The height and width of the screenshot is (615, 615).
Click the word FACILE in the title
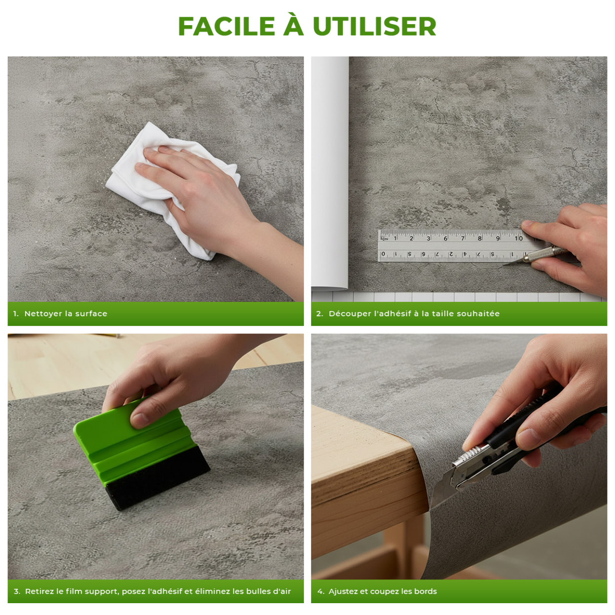226,27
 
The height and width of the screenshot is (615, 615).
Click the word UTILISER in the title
374,27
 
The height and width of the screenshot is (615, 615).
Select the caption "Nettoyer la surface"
66,314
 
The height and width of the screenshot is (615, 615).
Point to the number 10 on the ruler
518,238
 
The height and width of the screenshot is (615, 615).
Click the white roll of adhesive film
330,173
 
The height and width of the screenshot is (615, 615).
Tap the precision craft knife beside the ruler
543,253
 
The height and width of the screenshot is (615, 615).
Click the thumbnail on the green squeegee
140,420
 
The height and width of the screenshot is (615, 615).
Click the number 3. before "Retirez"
17,591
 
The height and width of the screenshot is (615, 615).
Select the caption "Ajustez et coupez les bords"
382,591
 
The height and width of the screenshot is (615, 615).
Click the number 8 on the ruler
479,238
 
